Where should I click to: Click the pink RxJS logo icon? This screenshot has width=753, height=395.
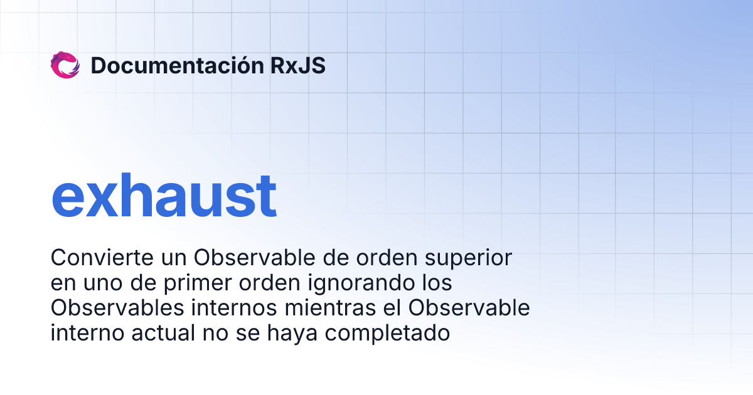[65, 65]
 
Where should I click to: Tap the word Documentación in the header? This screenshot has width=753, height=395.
[176, 65]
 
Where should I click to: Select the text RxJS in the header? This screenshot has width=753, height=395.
[298, 65]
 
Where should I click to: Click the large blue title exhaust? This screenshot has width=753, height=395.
[164, 196]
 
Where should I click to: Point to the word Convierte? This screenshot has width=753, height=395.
[97, 258]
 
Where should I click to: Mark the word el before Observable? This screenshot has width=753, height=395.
[392, 308]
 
